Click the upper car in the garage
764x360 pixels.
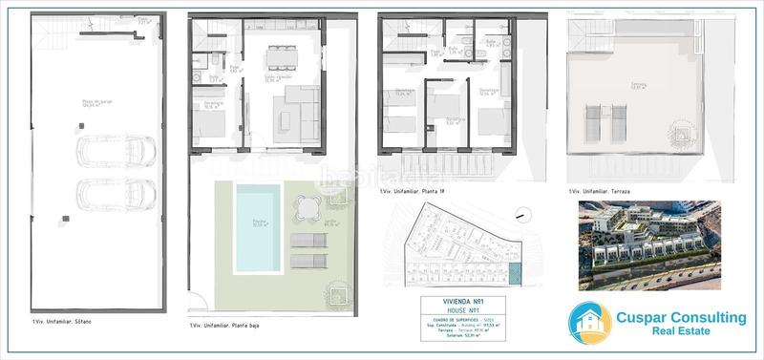coord(117,151)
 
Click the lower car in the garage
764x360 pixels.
coord(117,193)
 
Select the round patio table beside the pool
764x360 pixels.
coord(306,206)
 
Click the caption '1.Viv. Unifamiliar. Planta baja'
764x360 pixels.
coord(225,326)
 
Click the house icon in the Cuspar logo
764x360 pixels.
coord(589,323)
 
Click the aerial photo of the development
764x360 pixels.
coord(649,244)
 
